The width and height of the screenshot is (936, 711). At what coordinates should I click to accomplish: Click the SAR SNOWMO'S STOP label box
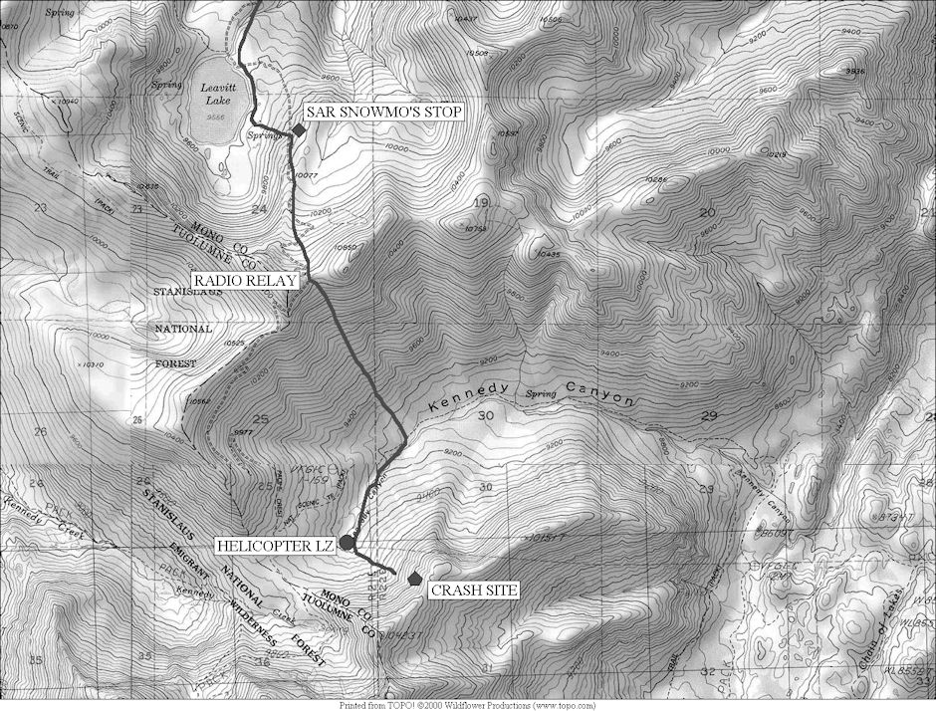tap(383, 112)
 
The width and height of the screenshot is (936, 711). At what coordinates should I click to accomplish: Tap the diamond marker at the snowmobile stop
tap(298, 130)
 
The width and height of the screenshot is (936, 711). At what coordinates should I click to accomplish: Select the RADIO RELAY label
tap(245, 281)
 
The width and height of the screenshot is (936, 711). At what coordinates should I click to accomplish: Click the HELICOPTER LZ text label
tap(276, 546)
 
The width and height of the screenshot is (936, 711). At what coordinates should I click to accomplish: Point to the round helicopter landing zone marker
tap(346, 542)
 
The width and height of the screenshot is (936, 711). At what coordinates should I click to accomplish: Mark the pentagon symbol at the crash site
tap(415, 577)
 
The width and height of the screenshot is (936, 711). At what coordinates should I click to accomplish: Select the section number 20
tap(708, 212)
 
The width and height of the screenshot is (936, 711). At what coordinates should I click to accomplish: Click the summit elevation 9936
tap(854, 71)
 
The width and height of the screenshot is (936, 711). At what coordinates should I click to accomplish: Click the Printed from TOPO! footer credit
tap(467, 705)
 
